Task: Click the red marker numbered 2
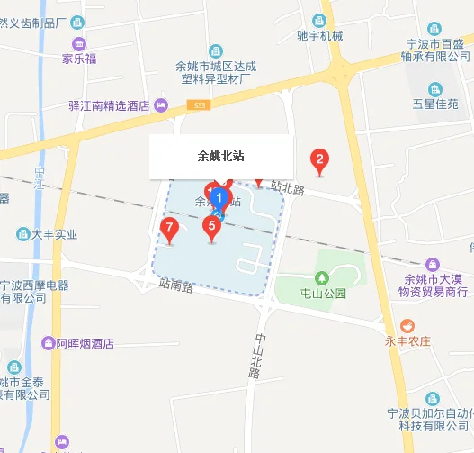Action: pyautogui.click(x=318, y=161)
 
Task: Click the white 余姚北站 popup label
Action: pyautogui.click(x=220, y=156)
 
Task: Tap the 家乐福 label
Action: pyautogui.click(x=78, y=60)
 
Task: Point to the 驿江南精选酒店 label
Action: pyautogui.click(x=109, y=106)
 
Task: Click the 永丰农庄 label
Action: pyautogui.click(x=409, y=341)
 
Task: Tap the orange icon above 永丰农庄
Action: pyautogui.click(x=408, y=324)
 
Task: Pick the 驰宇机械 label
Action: pyautogui.click(x=320, y=36)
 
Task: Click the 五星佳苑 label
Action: pyautogui.click(x=436, y=104)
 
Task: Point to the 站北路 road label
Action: pyautogui.click(x=288, y=188)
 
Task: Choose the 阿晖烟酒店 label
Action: pyautogui.click(x=85, y=343)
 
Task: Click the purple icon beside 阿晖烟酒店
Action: pyautogui.click(x=46, y=342)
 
